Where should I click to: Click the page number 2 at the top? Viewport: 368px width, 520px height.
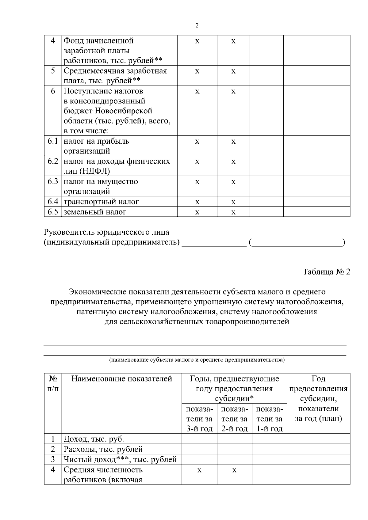[x=197, y=26]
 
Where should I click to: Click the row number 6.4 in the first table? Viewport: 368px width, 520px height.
[x=53, y=201]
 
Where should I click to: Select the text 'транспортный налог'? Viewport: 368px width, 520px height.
[x=101, y=202]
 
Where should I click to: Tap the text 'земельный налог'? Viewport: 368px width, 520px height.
[x=95, y=212]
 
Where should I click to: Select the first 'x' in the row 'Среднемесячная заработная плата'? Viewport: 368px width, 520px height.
[x=197, y=71]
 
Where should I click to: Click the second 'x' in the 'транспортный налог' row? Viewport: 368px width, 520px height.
[x=233, y=202]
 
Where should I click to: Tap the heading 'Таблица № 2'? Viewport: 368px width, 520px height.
[x=326, y=272]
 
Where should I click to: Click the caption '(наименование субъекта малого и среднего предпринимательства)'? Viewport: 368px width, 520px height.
[x=197, y=360]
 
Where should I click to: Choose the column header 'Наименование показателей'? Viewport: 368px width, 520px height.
[x=122, y=379]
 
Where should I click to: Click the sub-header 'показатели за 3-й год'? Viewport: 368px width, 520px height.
[x=199, y=419]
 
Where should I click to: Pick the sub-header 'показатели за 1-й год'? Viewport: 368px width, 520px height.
[x=269, y=419]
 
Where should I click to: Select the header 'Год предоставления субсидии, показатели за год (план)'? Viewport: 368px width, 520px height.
[x=318, y=399]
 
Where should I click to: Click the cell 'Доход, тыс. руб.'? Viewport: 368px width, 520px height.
[x=94, y=439]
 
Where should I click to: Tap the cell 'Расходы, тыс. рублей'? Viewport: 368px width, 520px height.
[x=103, y=449]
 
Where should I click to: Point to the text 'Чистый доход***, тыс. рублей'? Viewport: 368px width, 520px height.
[x=120, y=459]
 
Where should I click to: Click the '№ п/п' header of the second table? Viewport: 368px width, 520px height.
[x=53, y=384]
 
